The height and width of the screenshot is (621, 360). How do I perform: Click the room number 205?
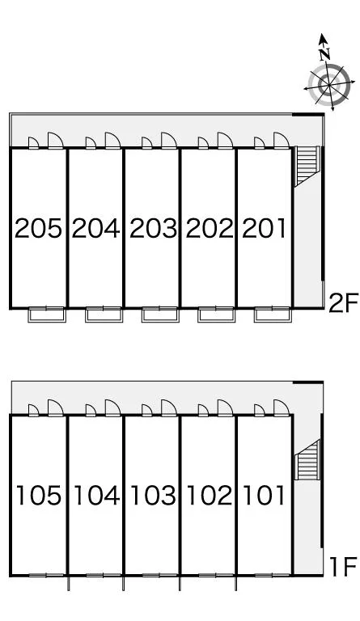click(x=38, y=229)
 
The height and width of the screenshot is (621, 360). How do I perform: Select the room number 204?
click(x=95, y=229)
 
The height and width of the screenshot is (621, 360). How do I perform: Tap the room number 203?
click(x=153, y=229)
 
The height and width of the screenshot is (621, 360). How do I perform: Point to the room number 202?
click(x=210, y=229)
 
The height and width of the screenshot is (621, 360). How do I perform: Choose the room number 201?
click(x=264, y=229)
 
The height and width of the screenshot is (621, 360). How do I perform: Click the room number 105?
click(x=39, y=496)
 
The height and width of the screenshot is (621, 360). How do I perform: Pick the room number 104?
click(x=96, y=496)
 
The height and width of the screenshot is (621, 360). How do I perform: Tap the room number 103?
click(x=153, y=496)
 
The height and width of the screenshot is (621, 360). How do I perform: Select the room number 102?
click(x=210, y=496)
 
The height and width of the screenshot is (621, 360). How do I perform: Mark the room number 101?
click(x=264, y=496)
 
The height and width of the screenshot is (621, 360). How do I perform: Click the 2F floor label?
click(x=343, y=302)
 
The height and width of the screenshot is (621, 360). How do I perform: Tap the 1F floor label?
click(x=344, y=567)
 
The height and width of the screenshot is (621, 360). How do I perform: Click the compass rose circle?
click(x=329, y=85)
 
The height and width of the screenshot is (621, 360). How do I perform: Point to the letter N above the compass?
click(x=324, y=54)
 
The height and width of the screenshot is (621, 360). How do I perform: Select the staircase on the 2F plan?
click(x=307, y=166)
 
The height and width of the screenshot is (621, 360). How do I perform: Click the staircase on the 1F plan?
click(x=307, y=459)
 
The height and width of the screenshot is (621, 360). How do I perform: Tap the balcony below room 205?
click(x=47, y=315)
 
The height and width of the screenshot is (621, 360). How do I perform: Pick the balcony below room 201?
click(x=273, y=315)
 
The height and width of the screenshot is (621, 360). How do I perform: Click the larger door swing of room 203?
click(x=169, y=140)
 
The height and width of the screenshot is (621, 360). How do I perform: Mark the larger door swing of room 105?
click(x=56, y=408)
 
